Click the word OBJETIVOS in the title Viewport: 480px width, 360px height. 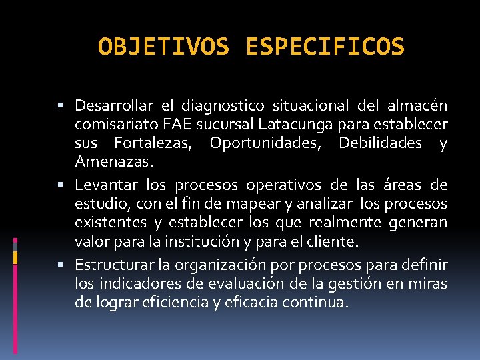(164, 47)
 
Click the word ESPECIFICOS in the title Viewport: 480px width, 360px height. (325, 47)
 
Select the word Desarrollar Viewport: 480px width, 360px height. (114, 106)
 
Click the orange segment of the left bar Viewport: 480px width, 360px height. (15, 257)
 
